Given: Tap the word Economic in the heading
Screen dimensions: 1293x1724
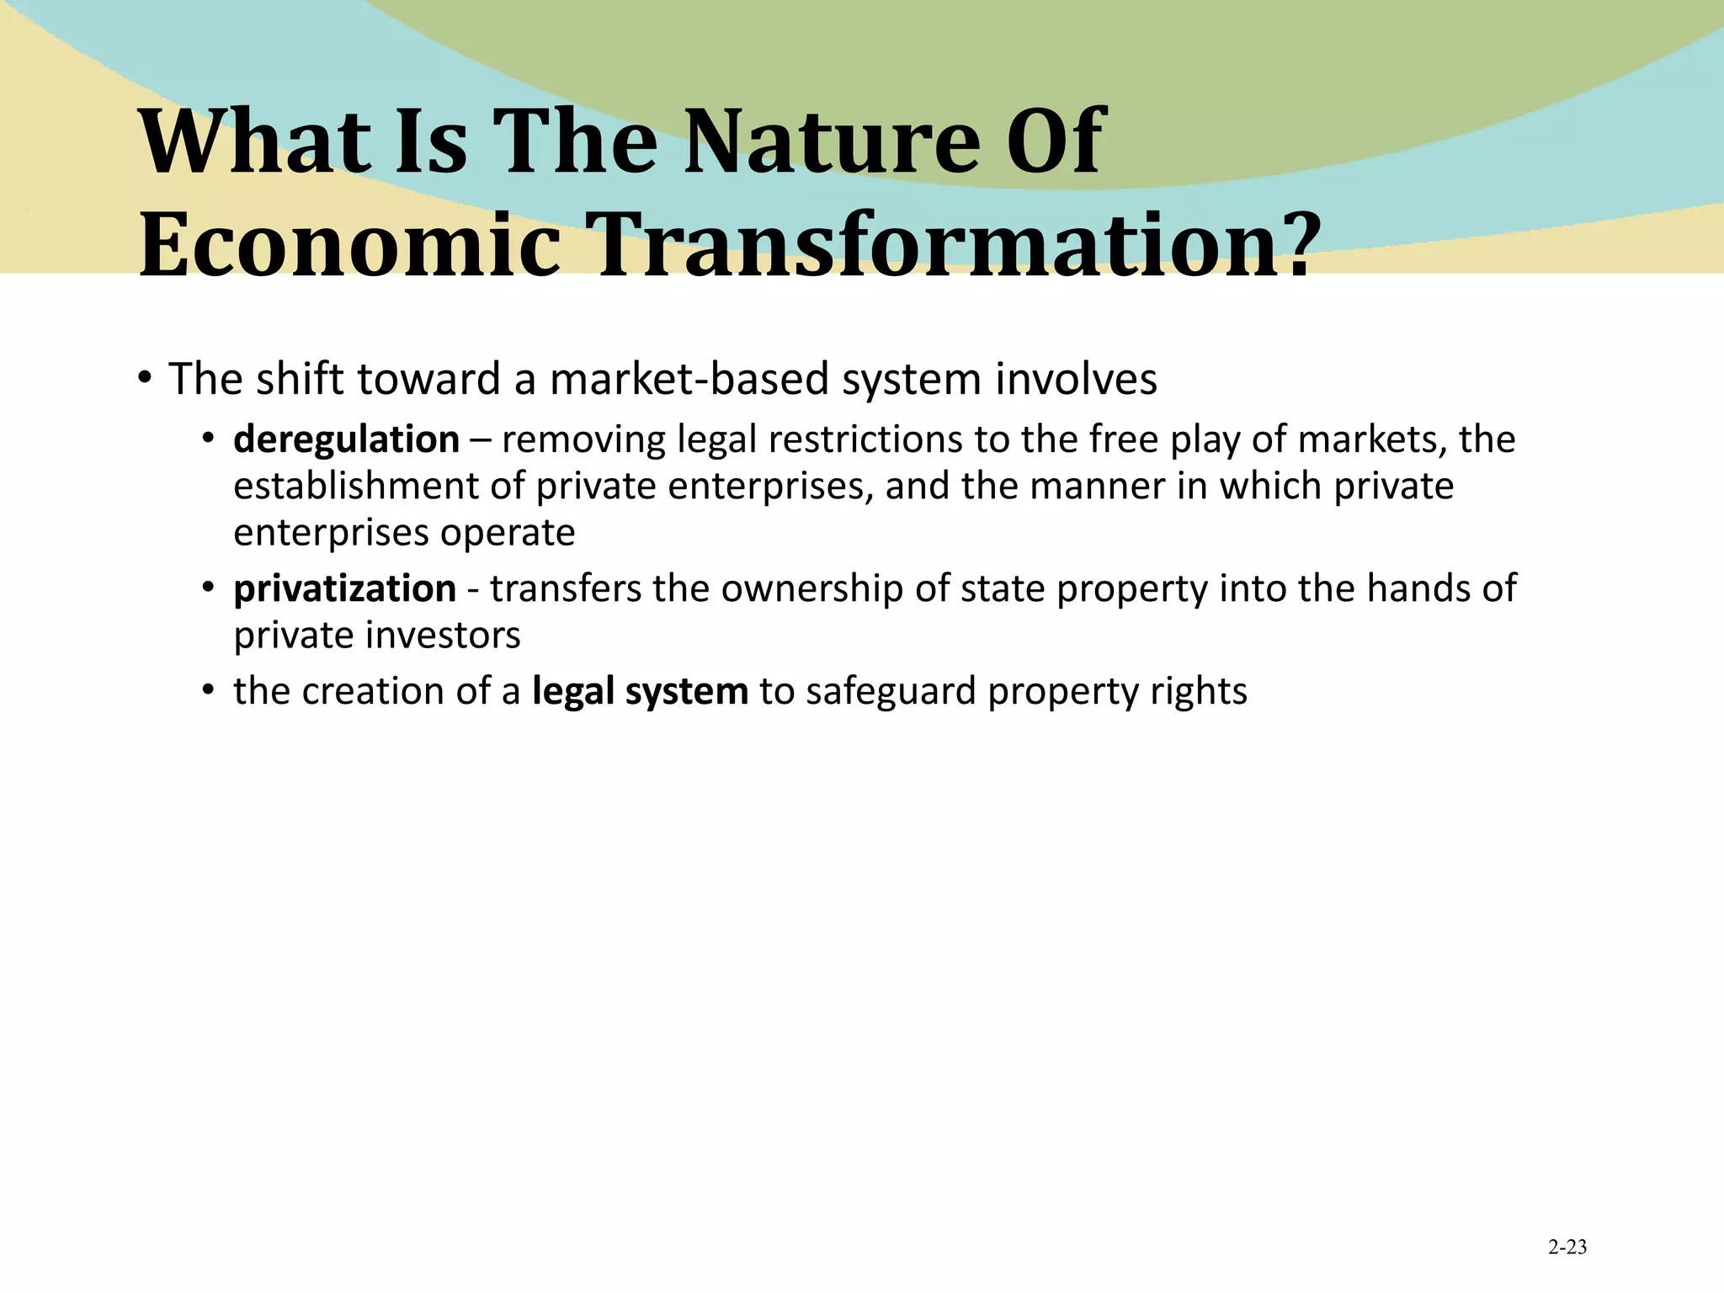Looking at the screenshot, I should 349,245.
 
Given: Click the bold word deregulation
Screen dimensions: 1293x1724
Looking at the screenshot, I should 346,440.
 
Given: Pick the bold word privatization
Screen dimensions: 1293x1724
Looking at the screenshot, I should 344,589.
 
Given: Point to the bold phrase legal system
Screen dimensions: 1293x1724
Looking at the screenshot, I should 640,692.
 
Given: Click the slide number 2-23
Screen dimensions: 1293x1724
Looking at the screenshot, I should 1567,1248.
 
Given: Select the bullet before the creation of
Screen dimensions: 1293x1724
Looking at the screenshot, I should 208,691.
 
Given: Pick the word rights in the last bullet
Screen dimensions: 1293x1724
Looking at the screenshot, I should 1209,692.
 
